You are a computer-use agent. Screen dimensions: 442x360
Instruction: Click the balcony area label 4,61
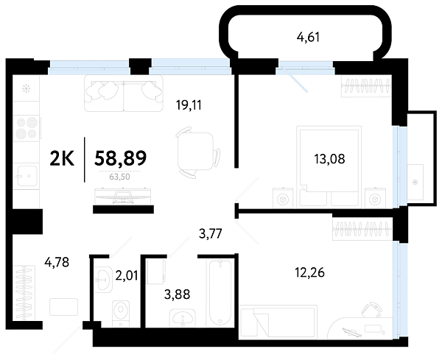[x=309, y=38]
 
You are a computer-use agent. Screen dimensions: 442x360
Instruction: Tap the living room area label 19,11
[x=189, y=105]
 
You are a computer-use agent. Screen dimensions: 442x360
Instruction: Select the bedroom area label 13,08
[x=329, y=159]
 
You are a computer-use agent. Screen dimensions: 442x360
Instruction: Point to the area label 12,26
[x=310, y=272]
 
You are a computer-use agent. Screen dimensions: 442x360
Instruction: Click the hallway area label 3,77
[x=211, y=234]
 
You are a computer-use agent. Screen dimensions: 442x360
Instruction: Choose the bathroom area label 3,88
[x=178, y=294]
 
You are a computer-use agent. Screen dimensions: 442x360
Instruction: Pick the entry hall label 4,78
[x=57, y=262]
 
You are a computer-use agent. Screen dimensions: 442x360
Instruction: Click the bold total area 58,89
[x=121, y=158]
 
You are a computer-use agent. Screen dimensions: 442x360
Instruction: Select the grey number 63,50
[x=119, y=177]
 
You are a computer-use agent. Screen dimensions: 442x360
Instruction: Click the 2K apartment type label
[x=62, y=158]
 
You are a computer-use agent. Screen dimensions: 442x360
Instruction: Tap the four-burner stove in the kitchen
[x=27, y=128]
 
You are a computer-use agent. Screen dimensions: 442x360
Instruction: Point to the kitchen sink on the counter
[x=27, y=176]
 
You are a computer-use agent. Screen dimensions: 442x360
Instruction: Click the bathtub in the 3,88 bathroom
[x=220, y=292]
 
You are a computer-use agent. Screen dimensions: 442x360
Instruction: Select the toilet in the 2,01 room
[x=121, y=314]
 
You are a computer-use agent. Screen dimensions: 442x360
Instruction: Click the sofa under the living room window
[x=124, y=93]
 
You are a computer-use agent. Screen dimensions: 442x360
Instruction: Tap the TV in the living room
[x=123, y=196]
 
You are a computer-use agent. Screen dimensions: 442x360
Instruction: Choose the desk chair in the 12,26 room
[x=371, y=310]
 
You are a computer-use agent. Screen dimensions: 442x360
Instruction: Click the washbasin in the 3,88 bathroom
[x=183, y=317]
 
